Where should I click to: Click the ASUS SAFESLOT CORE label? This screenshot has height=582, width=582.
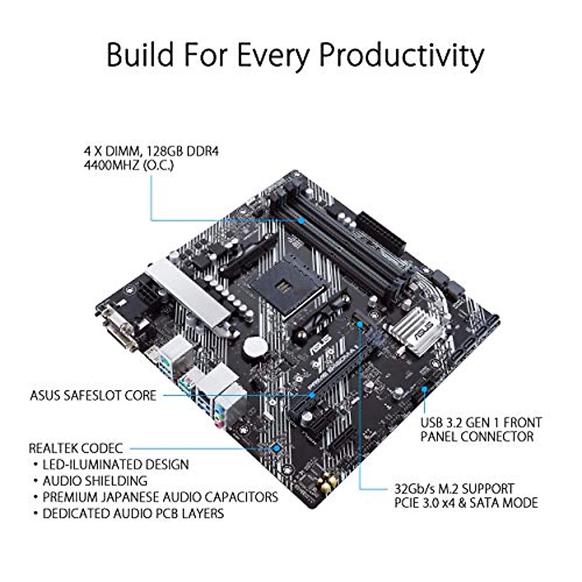[x=93, y=395]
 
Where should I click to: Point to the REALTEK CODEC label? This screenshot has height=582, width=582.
[x=76, y=448]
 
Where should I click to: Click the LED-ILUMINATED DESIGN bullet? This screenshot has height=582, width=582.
[x=115, y=464]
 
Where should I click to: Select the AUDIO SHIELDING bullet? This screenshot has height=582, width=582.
[x=95, y=481]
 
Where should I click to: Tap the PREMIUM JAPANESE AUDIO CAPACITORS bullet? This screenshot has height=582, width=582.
[x=160, y=497]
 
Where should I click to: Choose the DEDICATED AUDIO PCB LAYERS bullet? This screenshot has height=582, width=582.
[x=133, y=513]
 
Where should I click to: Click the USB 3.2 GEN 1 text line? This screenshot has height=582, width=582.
[x=481, y=422]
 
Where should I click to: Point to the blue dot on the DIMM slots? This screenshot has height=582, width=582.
[x=302, y=220]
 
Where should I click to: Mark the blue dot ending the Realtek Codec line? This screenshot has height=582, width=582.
[x=277, y=448]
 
